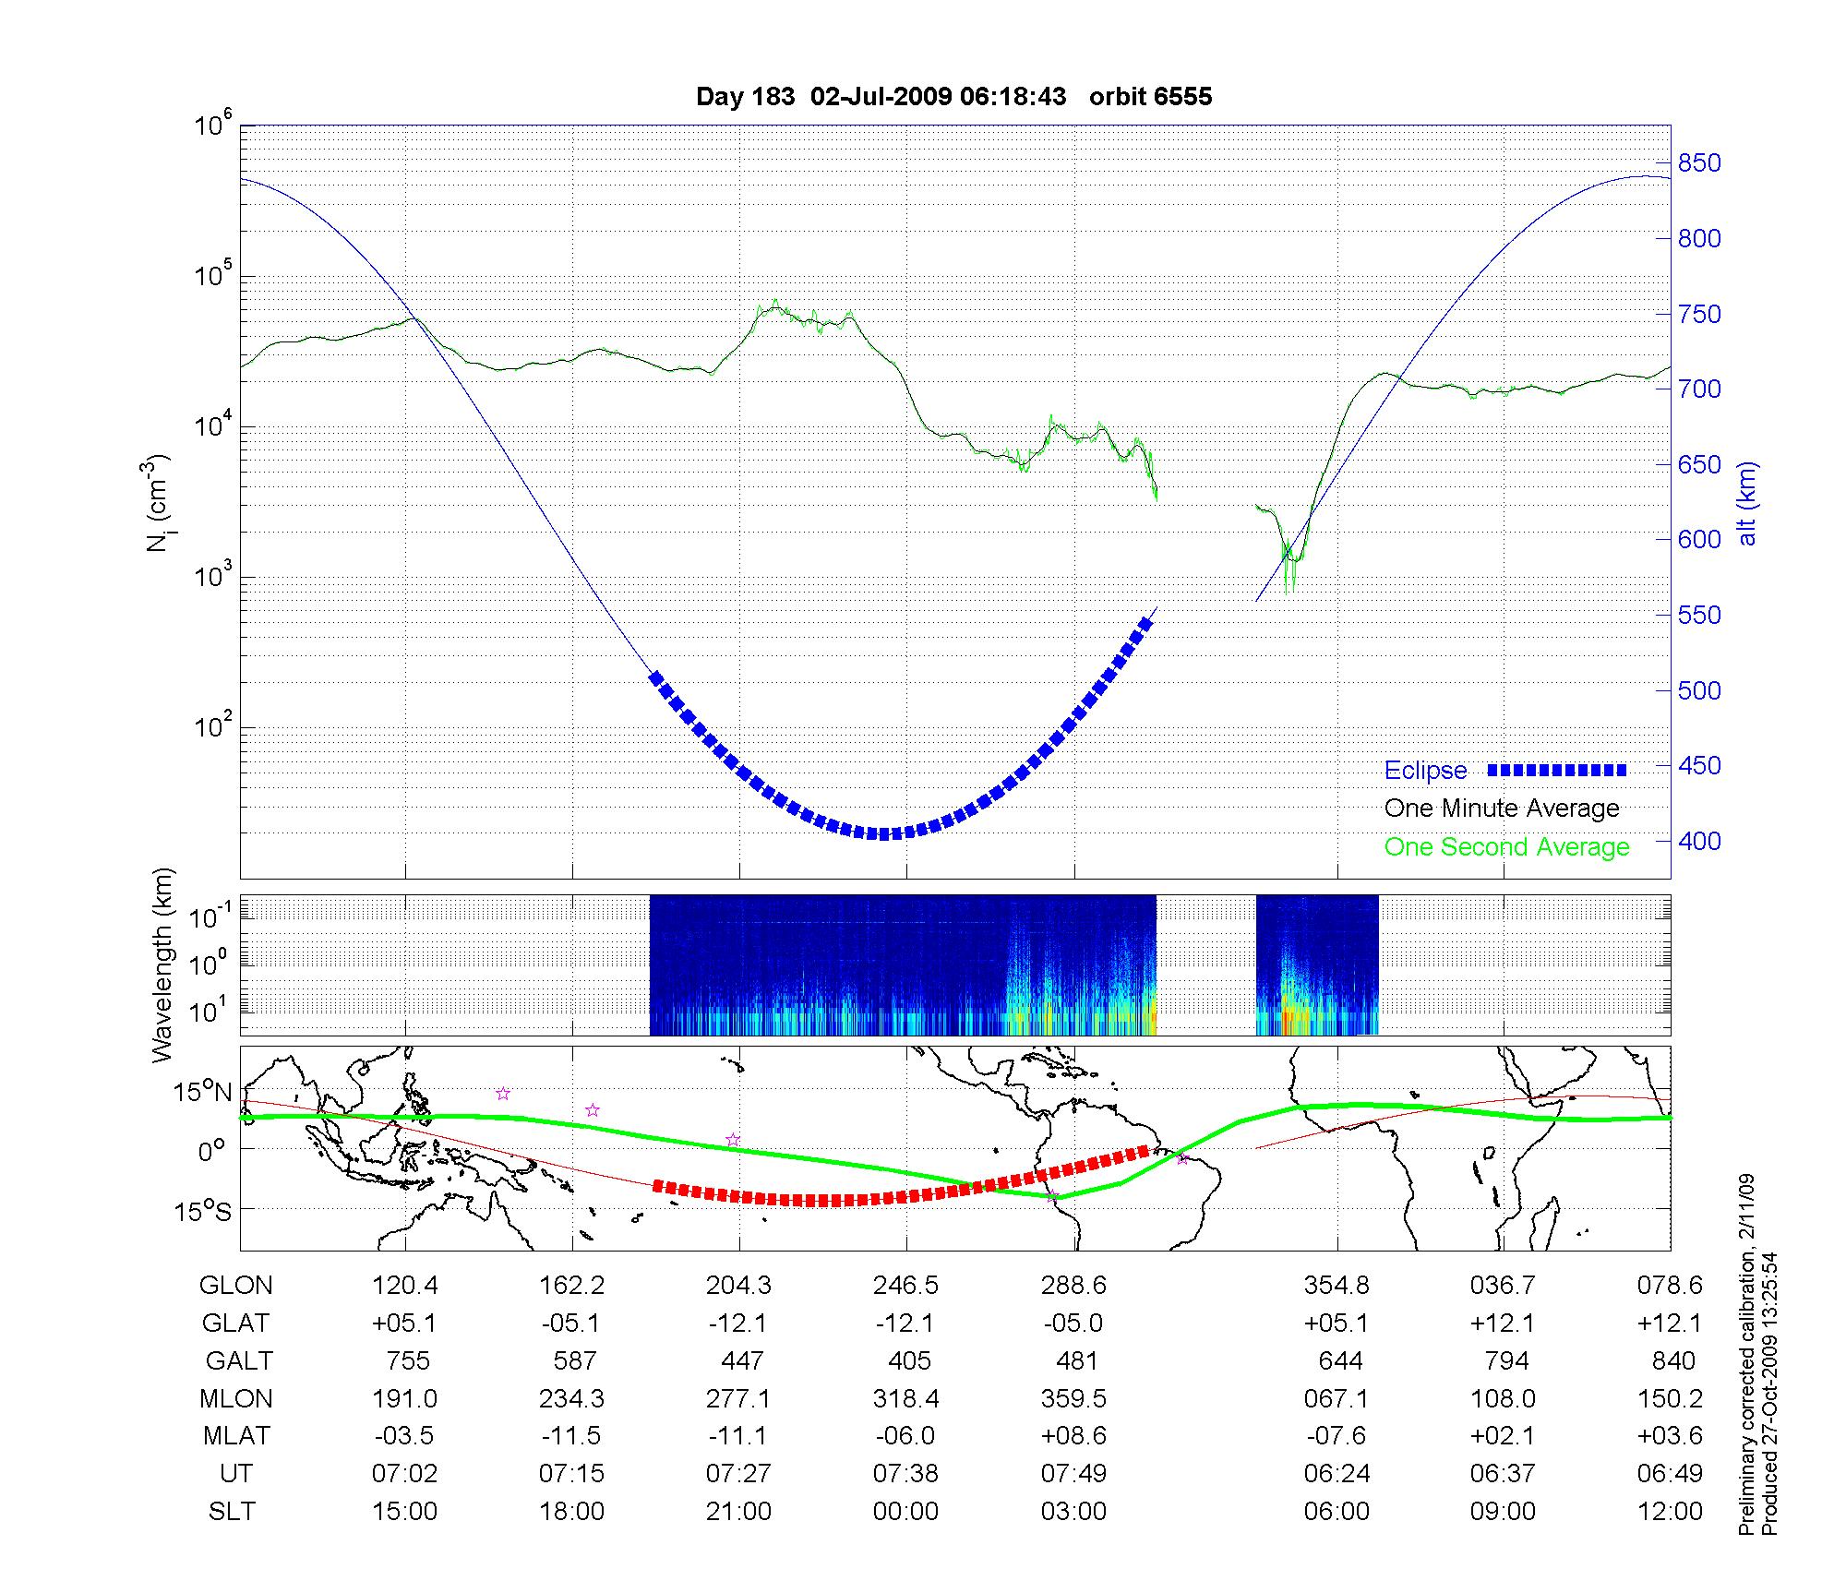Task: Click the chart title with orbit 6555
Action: tap(953, 97)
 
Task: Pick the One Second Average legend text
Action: tap(1506, 847)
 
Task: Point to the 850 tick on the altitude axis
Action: tap(1699, 163)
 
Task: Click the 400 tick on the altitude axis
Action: tap(1699, 841)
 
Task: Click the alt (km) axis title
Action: tap(1747, 503)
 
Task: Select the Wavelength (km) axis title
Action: tap(162, 965)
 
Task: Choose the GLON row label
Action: tap(236, 1286)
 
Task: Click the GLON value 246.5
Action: tap(905, 1286)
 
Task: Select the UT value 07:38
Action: tap(905, 1474)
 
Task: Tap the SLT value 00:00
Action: tap(905, 1512)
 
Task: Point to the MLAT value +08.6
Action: tap(1073, 1436)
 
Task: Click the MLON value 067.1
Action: tap(1336, 1399)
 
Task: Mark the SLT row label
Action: tap(232, 1512)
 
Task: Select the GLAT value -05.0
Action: tap(1073, 1323)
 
